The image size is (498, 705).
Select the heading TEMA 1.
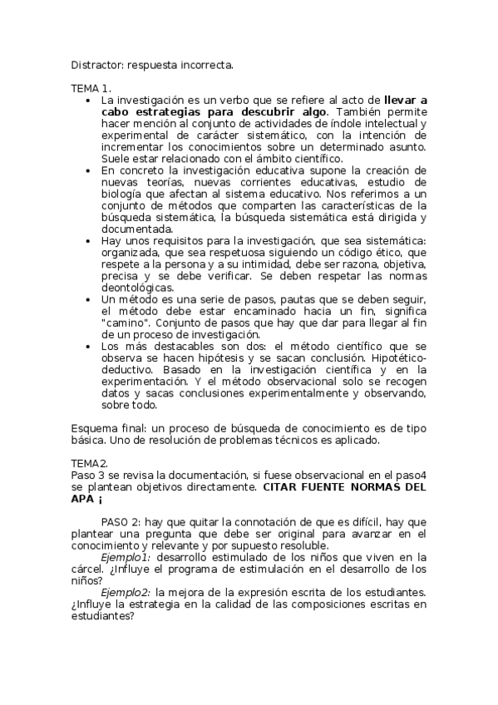[x=91, y=87]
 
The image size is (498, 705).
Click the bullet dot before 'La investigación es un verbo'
[x=89, y=100]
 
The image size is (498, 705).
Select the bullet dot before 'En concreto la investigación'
[x=89, y=170]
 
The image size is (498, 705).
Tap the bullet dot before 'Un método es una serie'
[x=89, y=299]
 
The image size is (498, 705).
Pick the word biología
[x=122, y=193]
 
